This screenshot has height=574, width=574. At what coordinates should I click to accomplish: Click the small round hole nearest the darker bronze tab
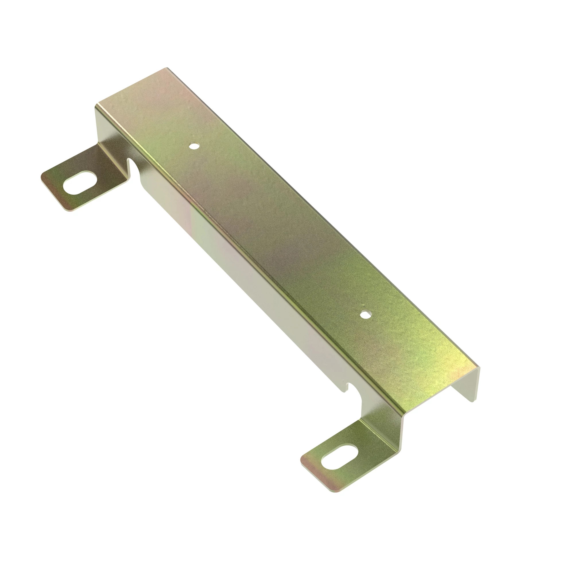(x=194, y=146)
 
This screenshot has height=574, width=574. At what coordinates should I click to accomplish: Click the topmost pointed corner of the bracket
(x=167, y=68)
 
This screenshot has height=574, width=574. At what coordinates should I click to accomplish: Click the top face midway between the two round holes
(x=280, y=230)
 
